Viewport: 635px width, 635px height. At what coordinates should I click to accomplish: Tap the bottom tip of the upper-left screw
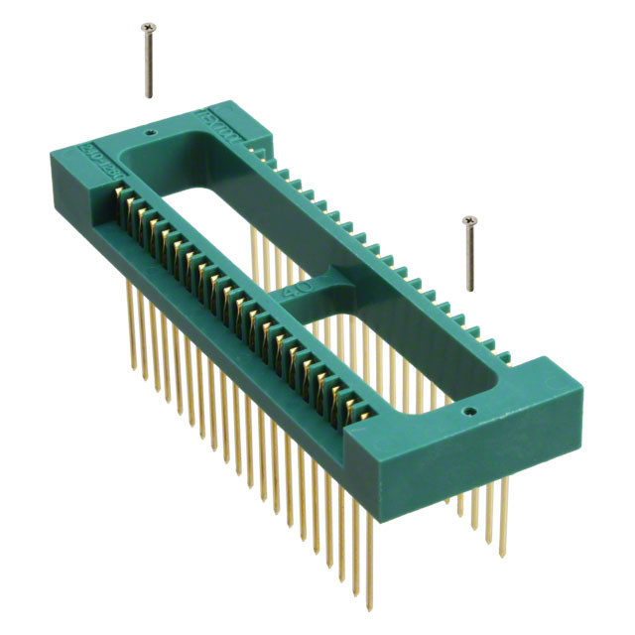pos(151,96)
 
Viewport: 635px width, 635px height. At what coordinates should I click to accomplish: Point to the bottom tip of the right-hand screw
pos(468,291)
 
